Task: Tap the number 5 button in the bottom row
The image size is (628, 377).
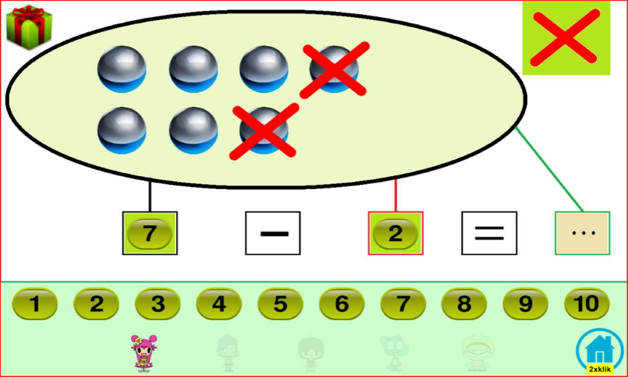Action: tap(281, 304)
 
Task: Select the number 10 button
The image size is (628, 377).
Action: tap(587, 304)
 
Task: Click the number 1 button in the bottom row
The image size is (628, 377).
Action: tap(35, 304)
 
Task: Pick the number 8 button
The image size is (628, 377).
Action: tap(464, 304)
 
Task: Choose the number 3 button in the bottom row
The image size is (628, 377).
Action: tap(158, 304)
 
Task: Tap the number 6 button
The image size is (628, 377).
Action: tap(342, 304)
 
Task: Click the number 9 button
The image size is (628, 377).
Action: tap(526, 304)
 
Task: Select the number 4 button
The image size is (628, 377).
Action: tap(219, 304)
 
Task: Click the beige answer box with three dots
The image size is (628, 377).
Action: tap(582, 233)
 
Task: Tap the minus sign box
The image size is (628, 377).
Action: tap(273, 233)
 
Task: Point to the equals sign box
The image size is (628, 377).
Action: tap(489, 233)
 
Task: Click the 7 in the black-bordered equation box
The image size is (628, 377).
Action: tap(150, 233)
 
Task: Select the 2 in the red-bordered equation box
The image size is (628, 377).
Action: tap(395, 233)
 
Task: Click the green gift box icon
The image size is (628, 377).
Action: tap(29, 27)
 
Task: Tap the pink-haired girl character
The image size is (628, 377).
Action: tap(144, 353)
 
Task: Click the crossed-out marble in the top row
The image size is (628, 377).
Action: tap(334, 69)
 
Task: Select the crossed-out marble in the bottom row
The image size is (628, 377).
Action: tap(264, 131)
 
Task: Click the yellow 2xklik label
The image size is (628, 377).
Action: tap(600, 369)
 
